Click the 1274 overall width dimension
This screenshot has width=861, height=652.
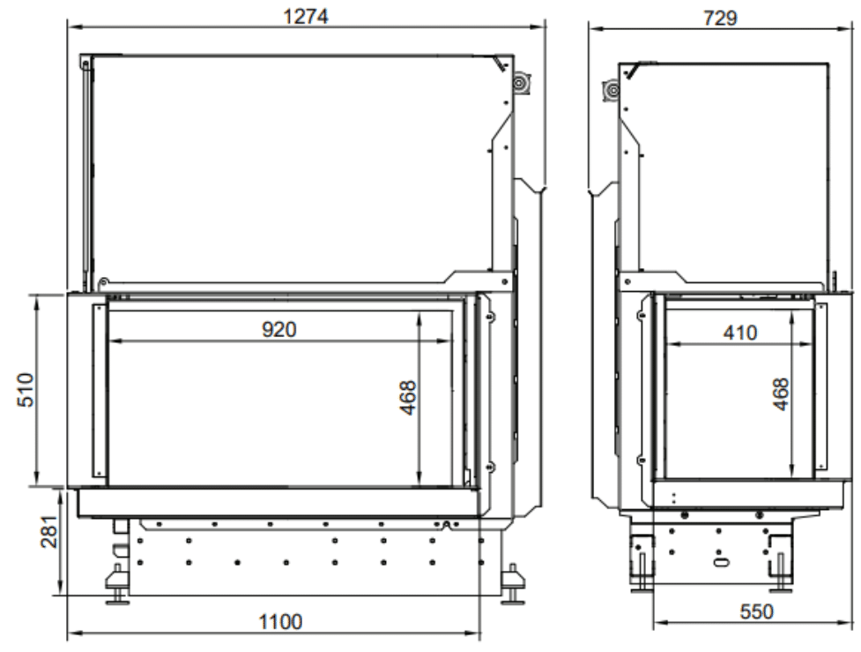(x=305, y=16)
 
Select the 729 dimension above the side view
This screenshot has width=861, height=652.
(x=720, y=19)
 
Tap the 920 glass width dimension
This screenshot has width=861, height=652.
(x=279, y=329)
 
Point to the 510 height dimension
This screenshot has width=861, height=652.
(x=26, y=390)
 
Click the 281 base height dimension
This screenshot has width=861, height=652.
(x=49, y=532)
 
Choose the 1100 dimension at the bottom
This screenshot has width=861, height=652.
(x=280, y=622)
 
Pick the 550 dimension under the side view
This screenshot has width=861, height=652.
(x=756, y=611)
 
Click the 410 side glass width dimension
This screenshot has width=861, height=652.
(x=740, y=333)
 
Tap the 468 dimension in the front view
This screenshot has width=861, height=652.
(x=408, y=398)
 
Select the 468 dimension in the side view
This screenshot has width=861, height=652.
(x=780, y=394)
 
